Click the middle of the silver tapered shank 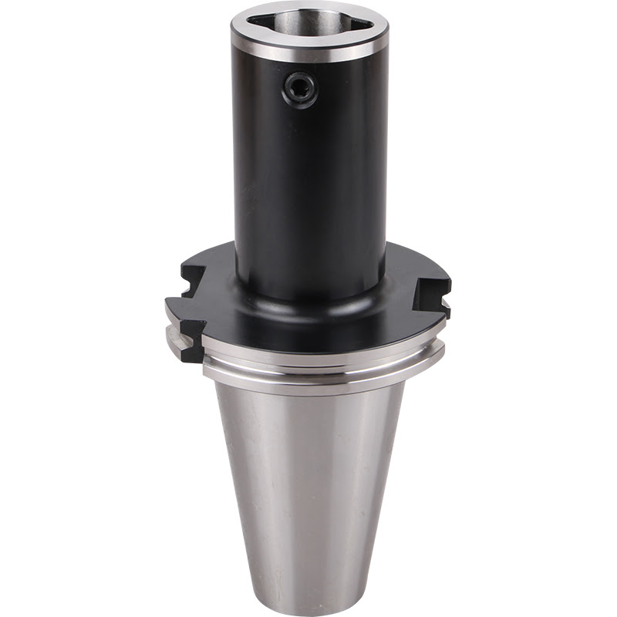click(308, 478)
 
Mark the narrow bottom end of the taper click(308, 594)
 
